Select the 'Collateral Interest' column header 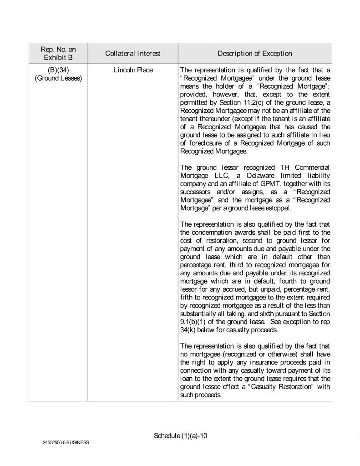pos(132,54)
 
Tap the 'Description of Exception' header pos(254,54)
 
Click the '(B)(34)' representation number pos(58,71)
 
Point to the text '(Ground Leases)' pos(58,78)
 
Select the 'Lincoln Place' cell pos(132,71)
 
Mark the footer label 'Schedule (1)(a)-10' pos(181,436)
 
